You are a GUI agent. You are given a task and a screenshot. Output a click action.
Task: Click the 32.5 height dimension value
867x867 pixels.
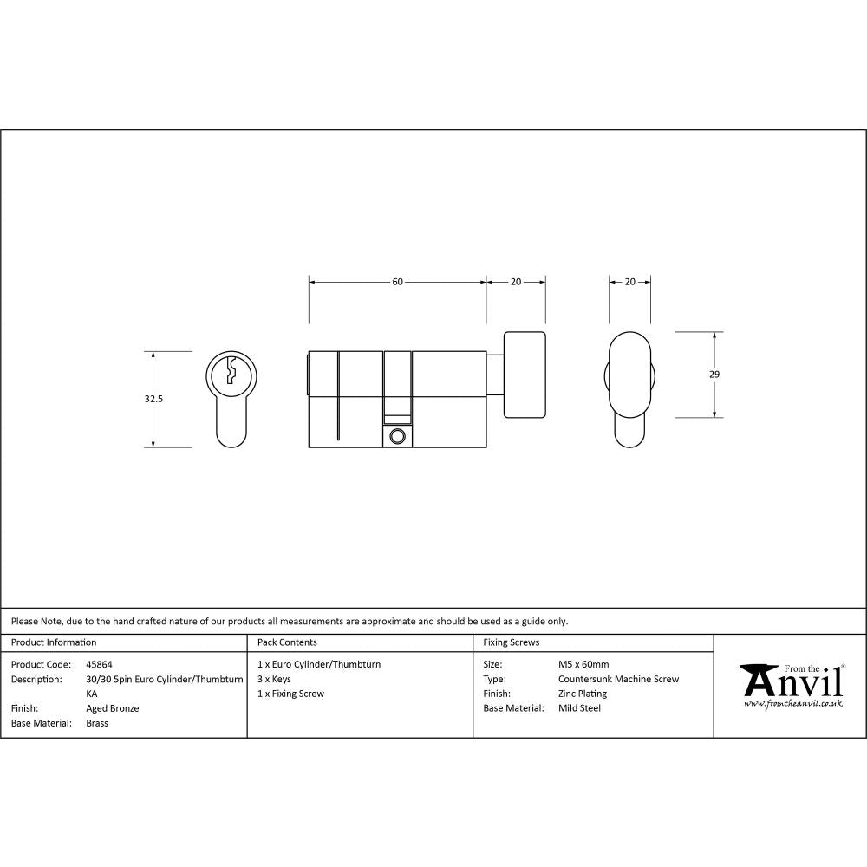pos(154,399)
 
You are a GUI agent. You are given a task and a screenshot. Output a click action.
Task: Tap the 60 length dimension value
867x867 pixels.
pos(397,282)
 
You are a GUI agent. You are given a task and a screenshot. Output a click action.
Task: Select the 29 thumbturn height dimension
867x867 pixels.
pos(714,375)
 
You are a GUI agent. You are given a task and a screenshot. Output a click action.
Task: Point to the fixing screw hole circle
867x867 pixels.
pos(398,436)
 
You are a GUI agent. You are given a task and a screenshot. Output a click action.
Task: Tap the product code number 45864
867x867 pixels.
pos(100,664)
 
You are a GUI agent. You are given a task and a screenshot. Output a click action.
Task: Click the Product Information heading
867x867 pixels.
pos(54,642)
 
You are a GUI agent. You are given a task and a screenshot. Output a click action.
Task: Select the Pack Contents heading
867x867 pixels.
pos(287,642)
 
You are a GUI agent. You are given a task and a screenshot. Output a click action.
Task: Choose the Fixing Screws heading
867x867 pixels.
pos(512,642)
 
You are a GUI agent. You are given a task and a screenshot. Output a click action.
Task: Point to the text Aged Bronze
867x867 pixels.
pos(113,708)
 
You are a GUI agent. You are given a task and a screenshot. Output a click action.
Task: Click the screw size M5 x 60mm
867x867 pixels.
pos(583,664)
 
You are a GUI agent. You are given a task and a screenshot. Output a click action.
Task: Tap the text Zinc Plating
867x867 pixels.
pos(583,694)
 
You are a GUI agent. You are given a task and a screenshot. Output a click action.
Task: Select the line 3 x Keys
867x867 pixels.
pos(274,679)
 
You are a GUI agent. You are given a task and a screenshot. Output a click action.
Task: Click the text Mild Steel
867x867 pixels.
pos(579,708)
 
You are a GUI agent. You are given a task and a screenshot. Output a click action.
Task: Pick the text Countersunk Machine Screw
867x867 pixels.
pos(618,679)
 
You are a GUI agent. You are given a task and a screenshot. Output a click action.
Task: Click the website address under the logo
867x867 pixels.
pos(793,704)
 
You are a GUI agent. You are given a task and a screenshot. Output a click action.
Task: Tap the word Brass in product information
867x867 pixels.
pos(97,723)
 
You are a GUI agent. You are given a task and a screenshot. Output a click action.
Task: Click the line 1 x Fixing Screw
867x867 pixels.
pos(290,694)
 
